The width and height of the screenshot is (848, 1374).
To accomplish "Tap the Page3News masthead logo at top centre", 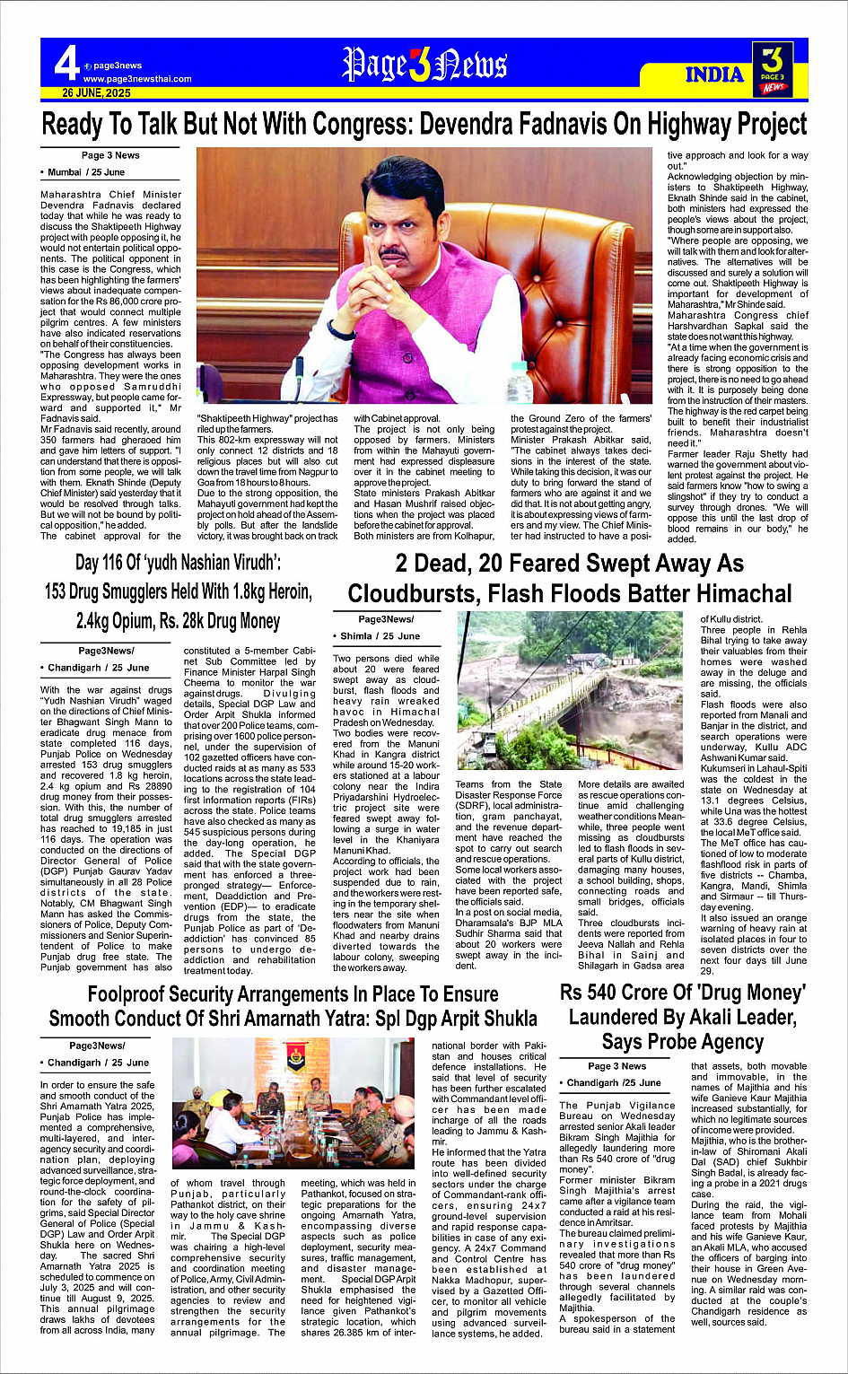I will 424,66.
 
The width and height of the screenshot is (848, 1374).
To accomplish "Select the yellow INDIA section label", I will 713,74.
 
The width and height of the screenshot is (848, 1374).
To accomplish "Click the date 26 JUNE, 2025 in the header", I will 96,93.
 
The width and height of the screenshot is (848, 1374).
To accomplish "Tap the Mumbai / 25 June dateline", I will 86,171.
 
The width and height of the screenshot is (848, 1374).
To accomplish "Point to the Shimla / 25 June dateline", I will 380,635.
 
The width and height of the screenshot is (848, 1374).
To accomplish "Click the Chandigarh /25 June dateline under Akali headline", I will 614,1082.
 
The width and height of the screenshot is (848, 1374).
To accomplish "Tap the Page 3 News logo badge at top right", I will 773,69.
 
